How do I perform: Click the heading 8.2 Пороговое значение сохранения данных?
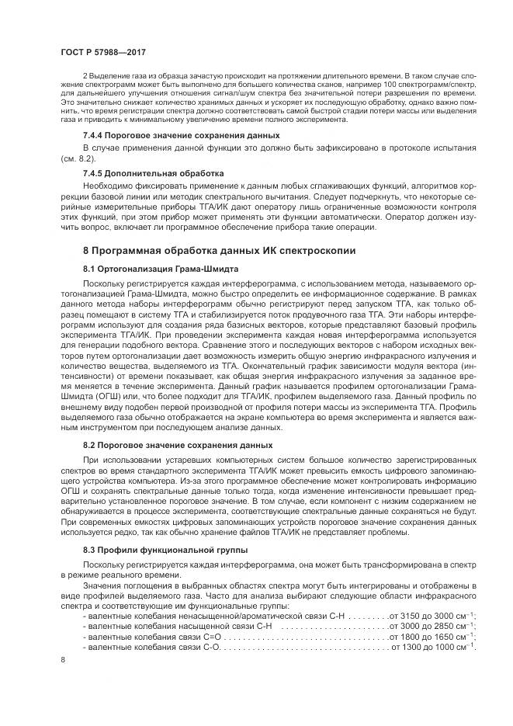click(177, 445)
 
